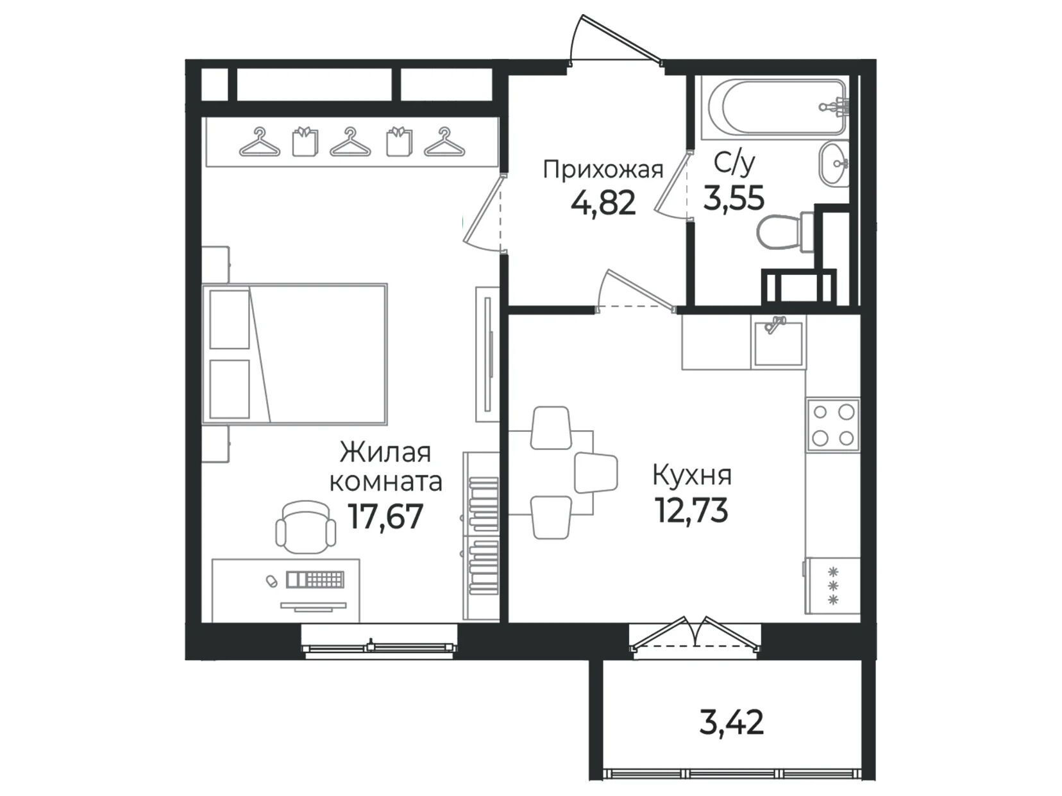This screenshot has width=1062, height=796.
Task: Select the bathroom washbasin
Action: (834, 164)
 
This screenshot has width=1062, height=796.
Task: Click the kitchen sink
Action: (778, 342)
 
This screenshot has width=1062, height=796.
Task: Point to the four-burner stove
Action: (832, 425)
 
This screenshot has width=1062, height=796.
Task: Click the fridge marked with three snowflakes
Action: (832, 586)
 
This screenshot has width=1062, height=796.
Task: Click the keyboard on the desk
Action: (315, 579)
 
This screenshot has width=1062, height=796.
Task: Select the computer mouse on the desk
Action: (270, 580)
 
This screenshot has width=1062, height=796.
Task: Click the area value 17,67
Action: (385, 517)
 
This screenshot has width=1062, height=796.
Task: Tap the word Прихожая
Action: (603, 170)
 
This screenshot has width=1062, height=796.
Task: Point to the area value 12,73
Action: (691, 510)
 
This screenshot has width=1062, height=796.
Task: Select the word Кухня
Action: (692, 476)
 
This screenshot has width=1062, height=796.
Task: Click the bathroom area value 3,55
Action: (734, 198)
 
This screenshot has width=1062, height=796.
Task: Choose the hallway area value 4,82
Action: (603, 203)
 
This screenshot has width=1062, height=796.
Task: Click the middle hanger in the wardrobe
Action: (350, 142)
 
